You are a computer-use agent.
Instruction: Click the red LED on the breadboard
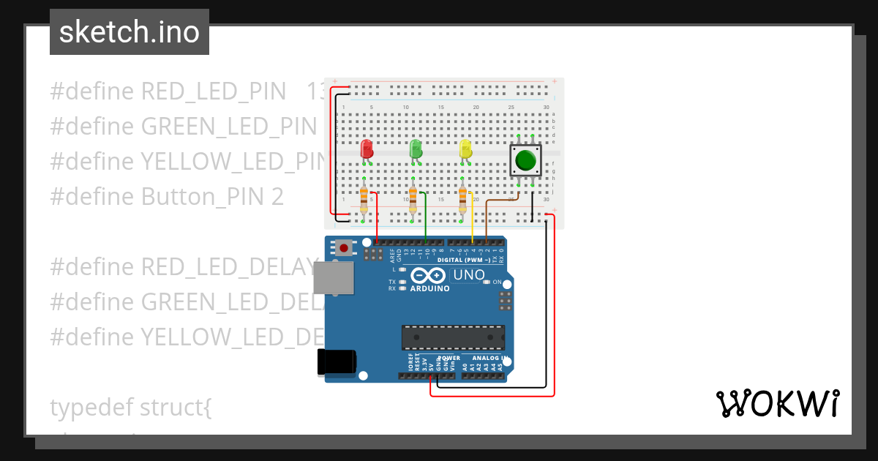pos(367,149)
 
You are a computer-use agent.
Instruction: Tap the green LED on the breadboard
pos(416,149)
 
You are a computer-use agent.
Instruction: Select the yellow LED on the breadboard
pos(465,149)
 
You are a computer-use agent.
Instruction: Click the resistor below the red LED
pos(364,197)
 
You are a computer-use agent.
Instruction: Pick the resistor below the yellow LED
pos(462,197)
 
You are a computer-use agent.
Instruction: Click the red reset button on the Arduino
pos(344,248)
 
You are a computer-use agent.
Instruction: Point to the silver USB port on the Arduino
pos(332,278)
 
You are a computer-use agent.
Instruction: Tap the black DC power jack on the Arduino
pos(337,362)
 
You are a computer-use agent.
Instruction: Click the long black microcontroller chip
pos(453,337)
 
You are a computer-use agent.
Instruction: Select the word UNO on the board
pos(470,275)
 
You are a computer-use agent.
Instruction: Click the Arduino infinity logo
pos(429,276)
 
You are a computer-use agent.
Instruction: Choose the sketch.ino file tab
pos(130,32)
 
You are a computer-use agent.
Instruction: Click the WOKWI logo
pos(777,403)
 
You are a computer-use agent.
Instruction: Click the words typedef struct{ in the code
pos(131,408)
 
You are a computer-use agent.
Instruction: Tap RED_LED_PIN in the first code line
pos(213,91)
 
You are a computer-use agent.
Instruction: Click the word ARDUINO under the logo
pos(429,288)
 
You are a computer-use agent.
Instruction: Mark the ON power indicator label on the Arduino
pos(497,282)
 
